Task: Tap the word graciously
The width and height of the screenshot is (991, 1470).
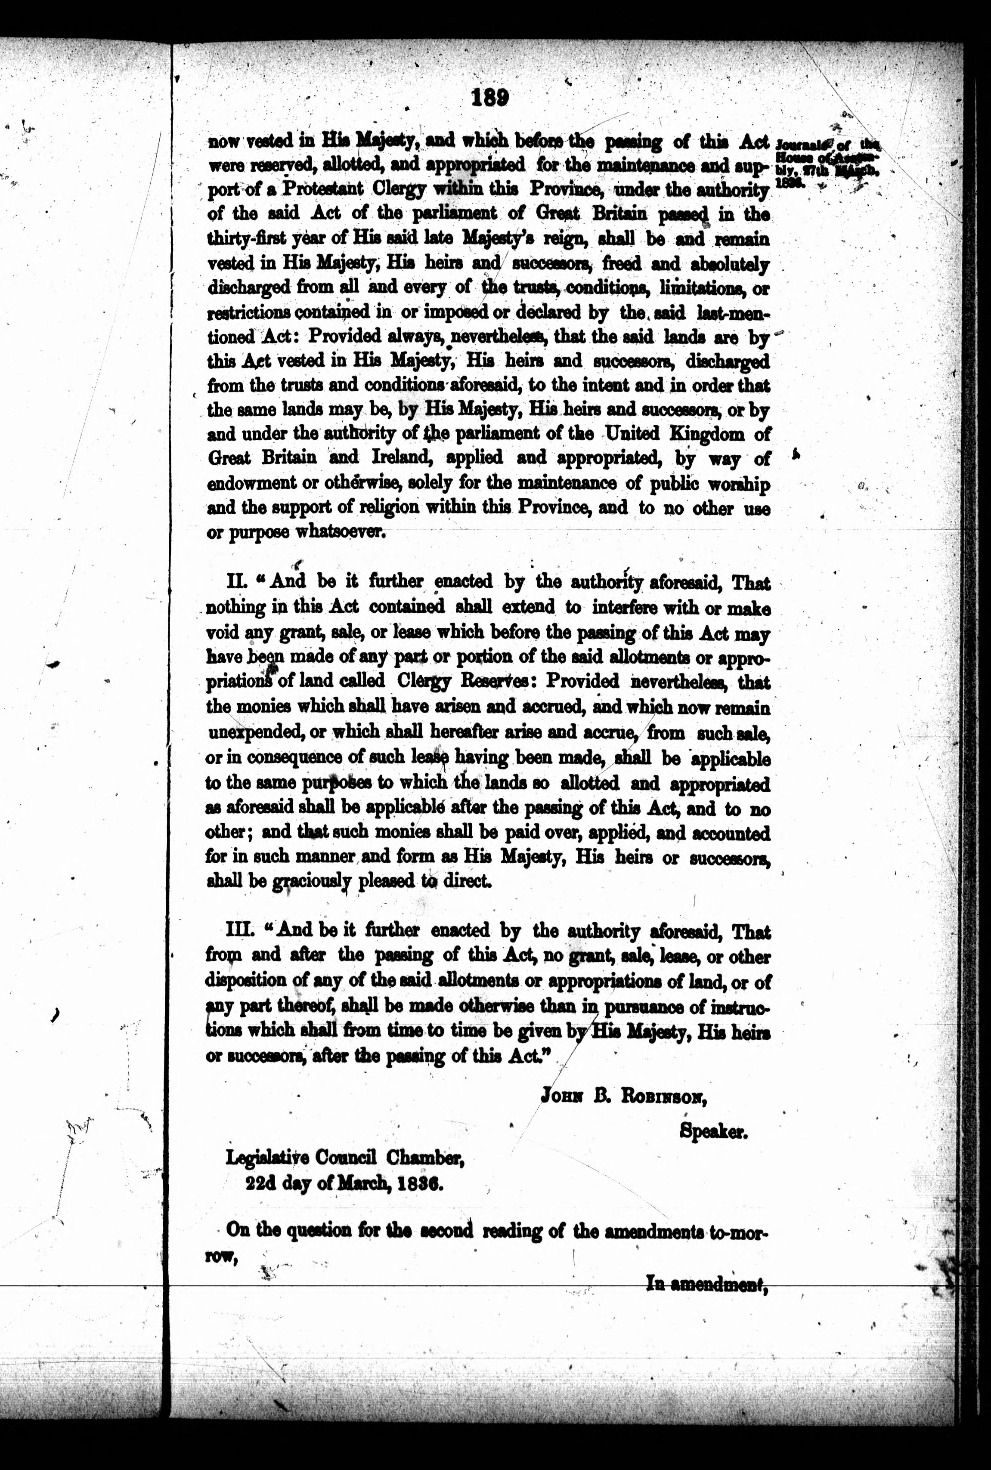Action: (312, 881)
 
